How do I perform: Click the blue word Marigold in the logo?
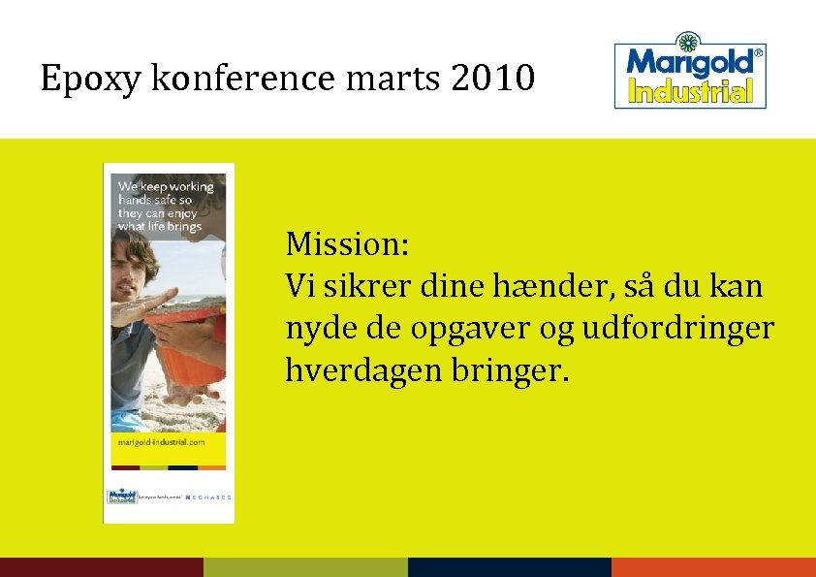(688, 64)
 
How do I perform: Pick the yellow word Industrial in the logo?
(690, 92)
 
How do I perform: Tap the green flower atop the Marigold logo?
(688, 42)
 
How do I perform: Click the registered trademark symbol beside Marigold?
(758, 53)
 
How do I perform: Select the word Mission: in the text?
(347, 244)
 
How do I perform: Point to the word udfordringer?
(677, 329)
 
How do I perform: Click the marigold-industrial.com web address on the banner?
(160, 442)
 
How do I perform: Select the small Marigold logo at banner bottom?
(122, 496)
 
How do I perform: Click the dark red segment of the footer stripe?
(102, 566)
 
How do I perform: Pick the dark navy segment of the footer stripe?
(509, 566)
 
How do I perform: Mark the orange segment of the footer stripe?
(713, 566)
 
